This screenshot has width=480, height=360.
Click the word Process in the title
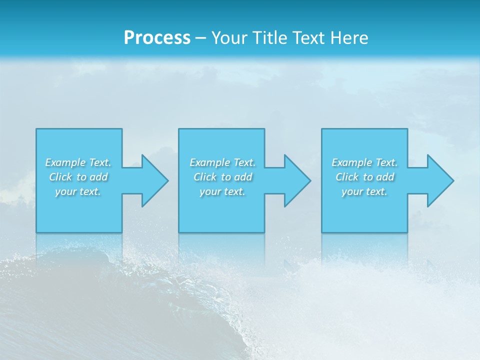pos(157,38)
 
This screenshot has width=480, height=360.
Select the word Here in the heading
pos(349,38)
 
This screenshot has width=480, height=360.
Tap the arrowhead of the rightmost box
pos(440,180)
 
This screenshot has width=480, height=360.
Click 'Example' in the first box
pos(65,162)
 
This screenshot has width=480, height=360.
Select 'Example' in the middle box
pos(209,162)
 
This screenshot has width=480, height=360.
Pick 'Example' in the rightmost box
pos(351,162)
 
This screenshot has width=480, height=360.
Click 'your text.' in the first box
pos(78,191)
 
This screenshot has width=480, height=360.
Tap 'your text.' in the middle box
pos(222,191)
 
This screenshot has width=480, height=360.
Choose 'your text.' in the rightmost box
pos(364,191)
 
